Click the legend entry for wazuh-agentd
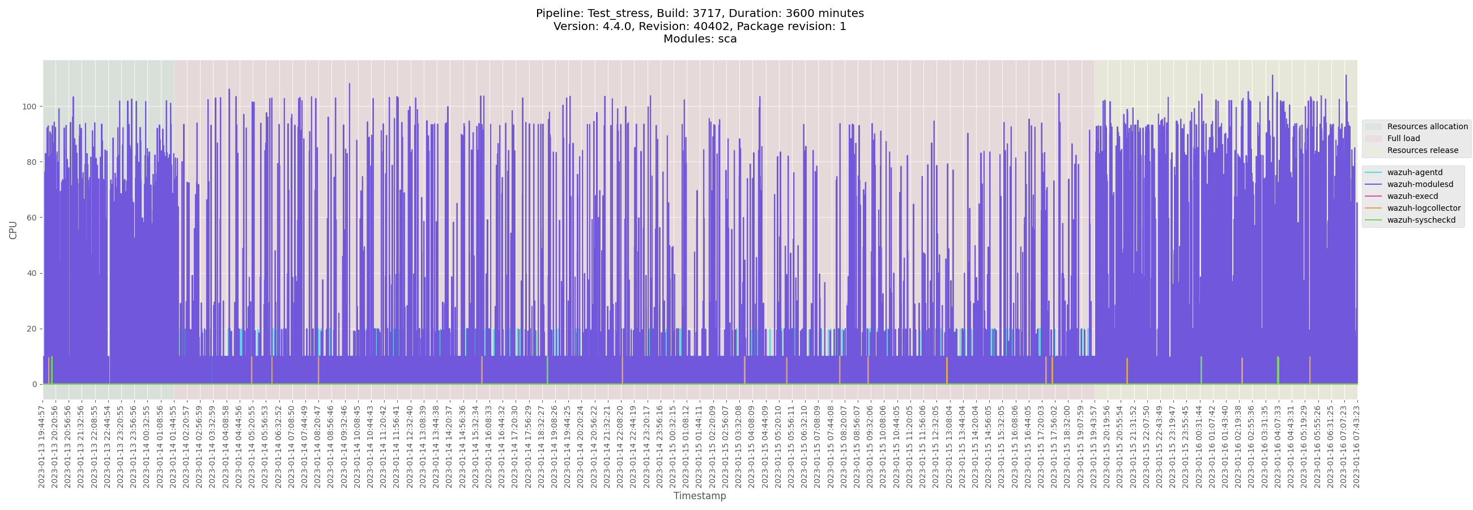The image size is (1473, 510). pos(1414,173)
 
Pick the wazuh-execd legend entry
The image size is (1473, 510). pos(1412,197)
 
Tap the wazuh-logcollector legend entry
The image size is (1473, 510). pos(1423,209)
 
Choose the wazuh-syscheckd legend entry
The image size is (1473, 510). pos(1421,220)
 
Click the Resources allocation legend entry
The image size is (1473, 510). pos(1427,126)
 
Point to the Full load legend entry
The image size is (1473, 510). pos(1403,138)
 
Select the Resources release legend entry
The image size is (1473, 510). pos(1422,150)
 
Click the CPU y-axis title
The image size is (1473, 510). pos(13,230)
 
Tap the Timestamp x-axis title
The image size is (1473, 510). pos(699,496)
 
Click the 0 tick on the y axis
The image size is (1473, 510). pos(35,385)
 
